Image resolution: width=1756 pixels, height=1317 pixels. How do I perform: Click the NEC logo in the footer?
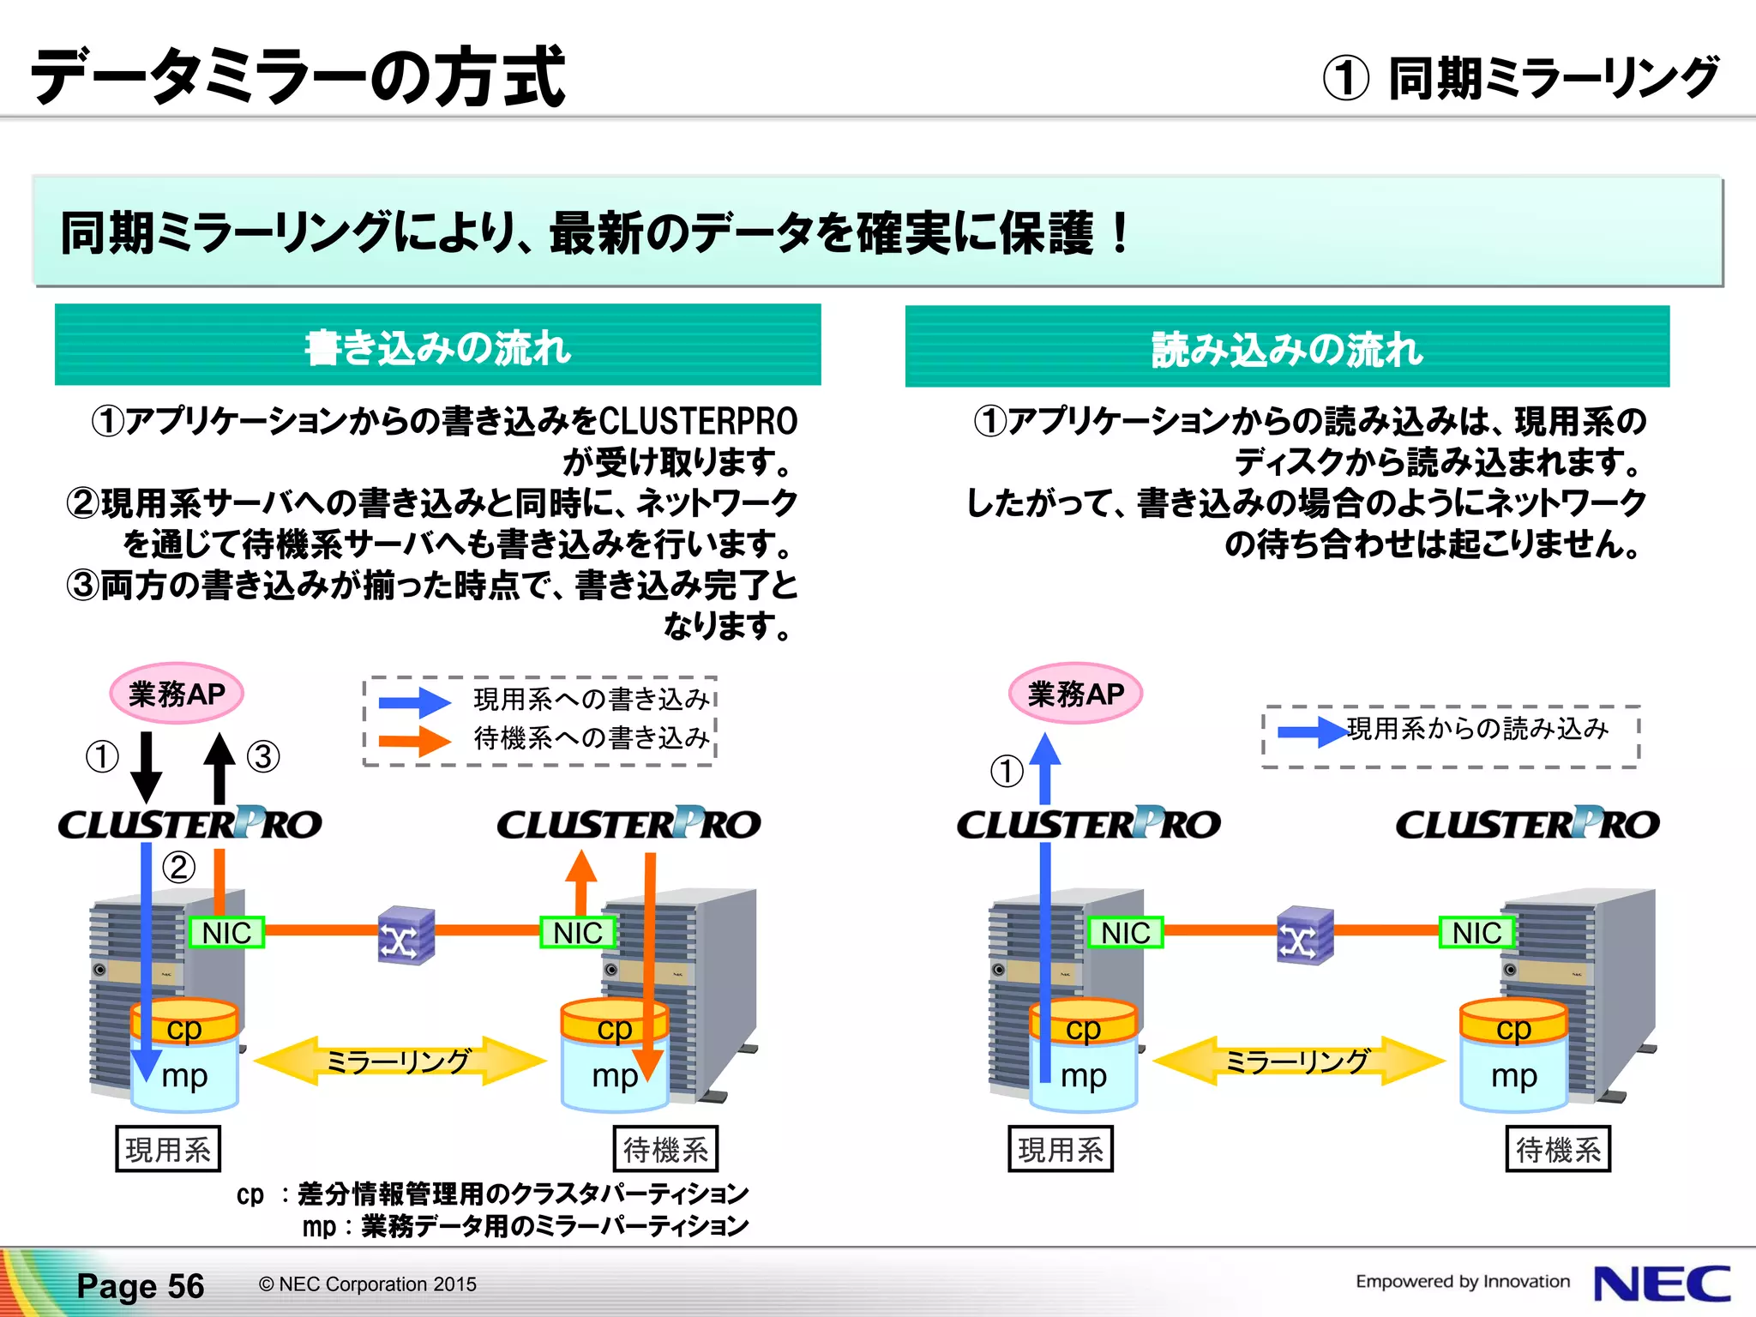tap(1661, 1284)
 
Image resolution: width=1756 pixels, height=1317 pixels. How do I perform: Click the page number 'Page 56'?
tap(141, 1286)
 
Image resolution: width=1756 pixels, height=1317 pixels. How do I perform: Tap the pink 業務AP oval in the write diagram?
tap(177, 694)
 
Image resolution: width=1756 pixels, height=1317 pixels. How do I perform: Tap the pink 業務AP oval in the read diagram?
tap(1075, 694)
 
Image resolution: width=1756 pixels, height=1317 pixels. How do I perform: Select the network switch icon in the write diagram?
tap(406, 935)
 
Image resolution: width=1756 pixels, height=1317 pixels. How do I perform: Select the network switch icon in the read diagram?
tap(1304, 935)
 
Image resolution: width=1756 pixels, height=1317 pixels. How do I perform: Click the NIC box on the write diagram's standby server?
tap(577, 932)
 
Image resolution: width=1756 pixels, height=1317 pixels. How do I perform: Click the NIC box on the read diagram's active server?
tap(1125, 932)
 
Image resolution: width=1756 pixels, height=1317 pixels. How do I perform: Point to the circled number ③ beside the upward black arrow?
tap(263, 756)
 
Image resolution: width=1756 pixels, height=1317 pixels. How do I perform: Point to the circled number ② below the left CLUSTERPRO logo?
tap(178, 867)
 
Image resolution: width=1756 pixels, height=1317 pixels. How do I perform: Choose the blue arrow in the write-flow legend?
tap(415, 702)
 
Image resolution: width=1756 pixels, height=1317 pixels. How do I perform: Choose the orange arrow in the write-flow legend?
tap(415, 741)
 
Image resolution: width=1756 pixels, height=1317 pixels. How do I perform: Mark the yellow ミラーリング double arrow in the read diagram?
tap(1298, 1061)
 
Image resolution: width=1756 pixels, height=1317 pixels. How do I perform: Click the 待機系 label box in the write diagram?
tap(665, 1149)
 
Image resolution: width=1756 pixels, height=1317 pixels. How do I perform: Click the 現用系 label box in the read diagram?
tap(1061, 1149)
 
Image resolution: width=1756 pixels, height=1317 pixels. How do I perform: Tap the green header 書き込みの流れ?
tap(437, 346)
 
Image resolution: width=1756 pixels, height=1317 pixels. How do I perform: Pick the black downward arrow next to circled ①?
tap(147, 766)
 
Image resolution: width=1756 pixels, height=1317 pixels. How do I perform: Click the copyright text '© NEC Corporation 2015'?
tap(368, 1284)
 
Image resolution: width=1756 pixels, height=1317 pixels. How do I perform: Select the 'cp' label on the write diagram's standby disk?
tap(615, 1027)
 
